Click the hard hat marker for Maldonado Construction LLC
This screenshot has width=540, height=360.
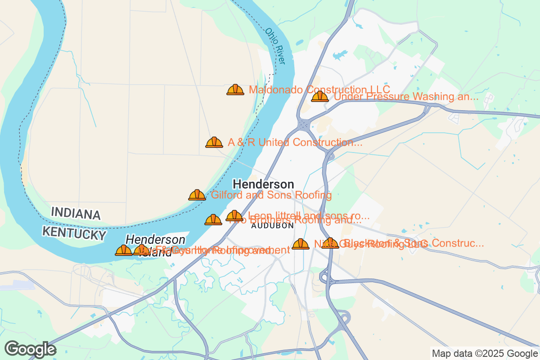[235, 90]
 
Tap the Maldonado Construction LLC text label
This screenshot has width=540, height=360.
[319, 90]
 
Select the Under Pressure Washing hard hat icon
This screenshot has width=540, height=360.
[320, 96]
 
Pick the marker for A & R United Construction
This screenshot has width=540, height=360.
[214, 143]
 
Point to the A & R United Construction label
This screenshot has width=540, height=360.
[295, 143]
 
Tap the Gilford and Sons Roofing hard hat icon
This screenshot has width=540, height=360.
[197, 195]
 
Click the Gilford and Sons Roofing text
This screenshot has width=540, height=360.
[271, 195]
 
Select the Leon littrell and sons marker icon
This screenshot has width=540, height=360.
[234, 216]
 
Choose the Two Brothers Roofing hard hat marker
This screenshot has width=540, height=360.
[213, 220]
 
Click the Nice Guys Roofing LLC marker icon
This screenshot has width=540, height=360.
[301, 244]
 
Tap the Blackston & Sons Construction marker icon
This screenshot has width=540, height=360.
[330, 243]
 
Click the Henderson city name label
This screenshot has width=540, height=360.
[263, 184]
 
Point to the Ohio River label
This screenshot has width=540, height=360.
[275, 46]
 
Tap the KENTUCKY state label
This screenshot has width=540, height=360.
[74, 234]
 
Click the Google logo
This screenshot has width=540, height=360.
[31, 349]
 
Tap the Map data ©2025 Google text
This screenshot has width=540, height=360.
[485, 353]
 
